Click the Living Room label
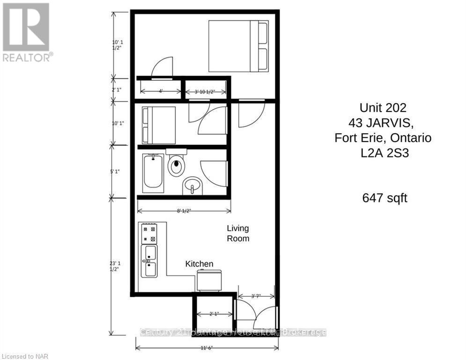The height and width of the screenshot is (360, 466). (x=238, y=233)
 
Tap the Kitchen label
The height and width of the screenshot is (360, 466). (x=199, y=264)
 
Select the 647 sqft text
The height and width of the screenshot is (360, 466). (x=385, y=198)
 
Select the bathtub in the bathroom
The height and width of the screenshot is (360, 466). (x=154, y=173)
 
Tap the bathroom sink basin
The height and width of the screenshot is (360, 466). (x=191, y=186)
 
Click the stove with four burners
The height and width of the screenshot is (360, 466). (x=149, y=233)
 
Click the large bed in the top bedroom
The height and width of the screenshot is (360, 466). (x=238, y=46)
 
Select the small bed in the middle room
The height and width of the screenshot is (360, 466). (x=158, y=125)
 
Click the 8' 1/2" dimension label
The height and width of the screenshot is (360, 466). (x=183, y=211)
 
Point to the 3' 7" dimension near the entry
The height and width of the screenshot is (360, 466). (x=255, y=296)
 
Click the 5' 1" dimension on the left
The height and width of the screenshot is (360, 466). (x=113, y=172)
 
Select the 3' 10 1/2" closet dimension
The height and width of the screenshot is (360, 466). (x=204, y=91)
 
